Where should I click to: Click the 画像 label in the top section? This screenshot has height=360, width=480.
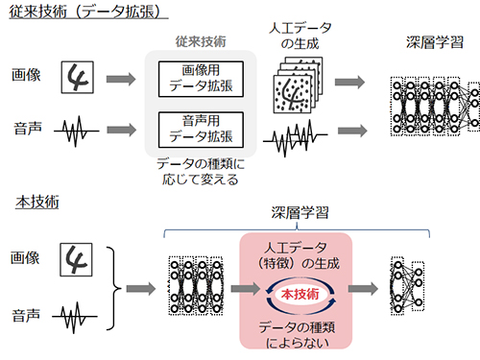(x=26, y=75)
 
